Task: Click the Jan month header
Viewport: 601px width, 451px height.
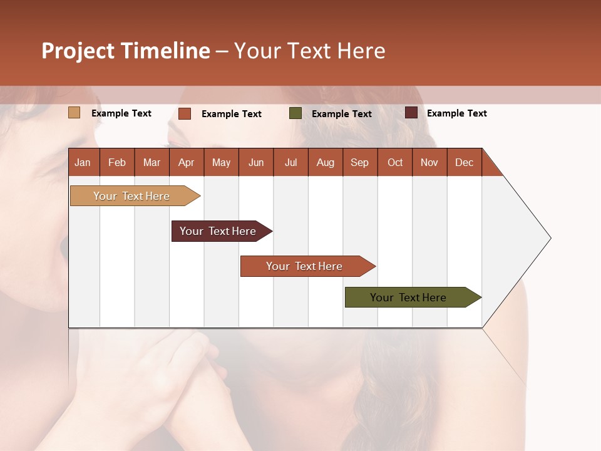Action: [x=83, y=162]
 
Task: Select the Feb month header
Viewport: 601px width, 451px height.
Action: [x=117, y=162]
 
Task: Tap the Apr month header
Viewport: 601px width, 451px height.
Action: [x=186, y=162]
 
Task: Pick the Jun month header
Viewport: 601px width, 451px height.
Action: [x=256, y=162]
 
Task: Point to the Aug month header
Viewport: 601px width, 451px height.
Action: [x=325, y=162]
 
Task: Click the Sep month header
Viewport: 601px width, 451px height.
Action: [x=359, y=162]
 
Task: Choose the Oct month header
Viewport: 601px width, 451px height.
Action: [x=395, y=162]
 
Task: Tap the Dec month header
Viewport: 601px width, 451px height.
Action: [x=464, y=162]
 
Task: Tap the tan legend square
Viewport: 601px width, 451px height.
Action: [x=74, y=113]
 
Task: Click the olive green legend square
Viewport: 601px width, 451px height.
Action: [x=295, y=113]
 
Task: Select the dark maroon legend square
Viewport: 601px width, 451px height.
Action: [x=411, y=113]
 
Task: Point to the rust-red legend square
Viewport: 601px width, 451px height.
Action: [x=185, y=113]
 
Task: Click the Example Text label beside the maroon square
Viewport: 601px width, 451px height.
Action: [x=456, y=113]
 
